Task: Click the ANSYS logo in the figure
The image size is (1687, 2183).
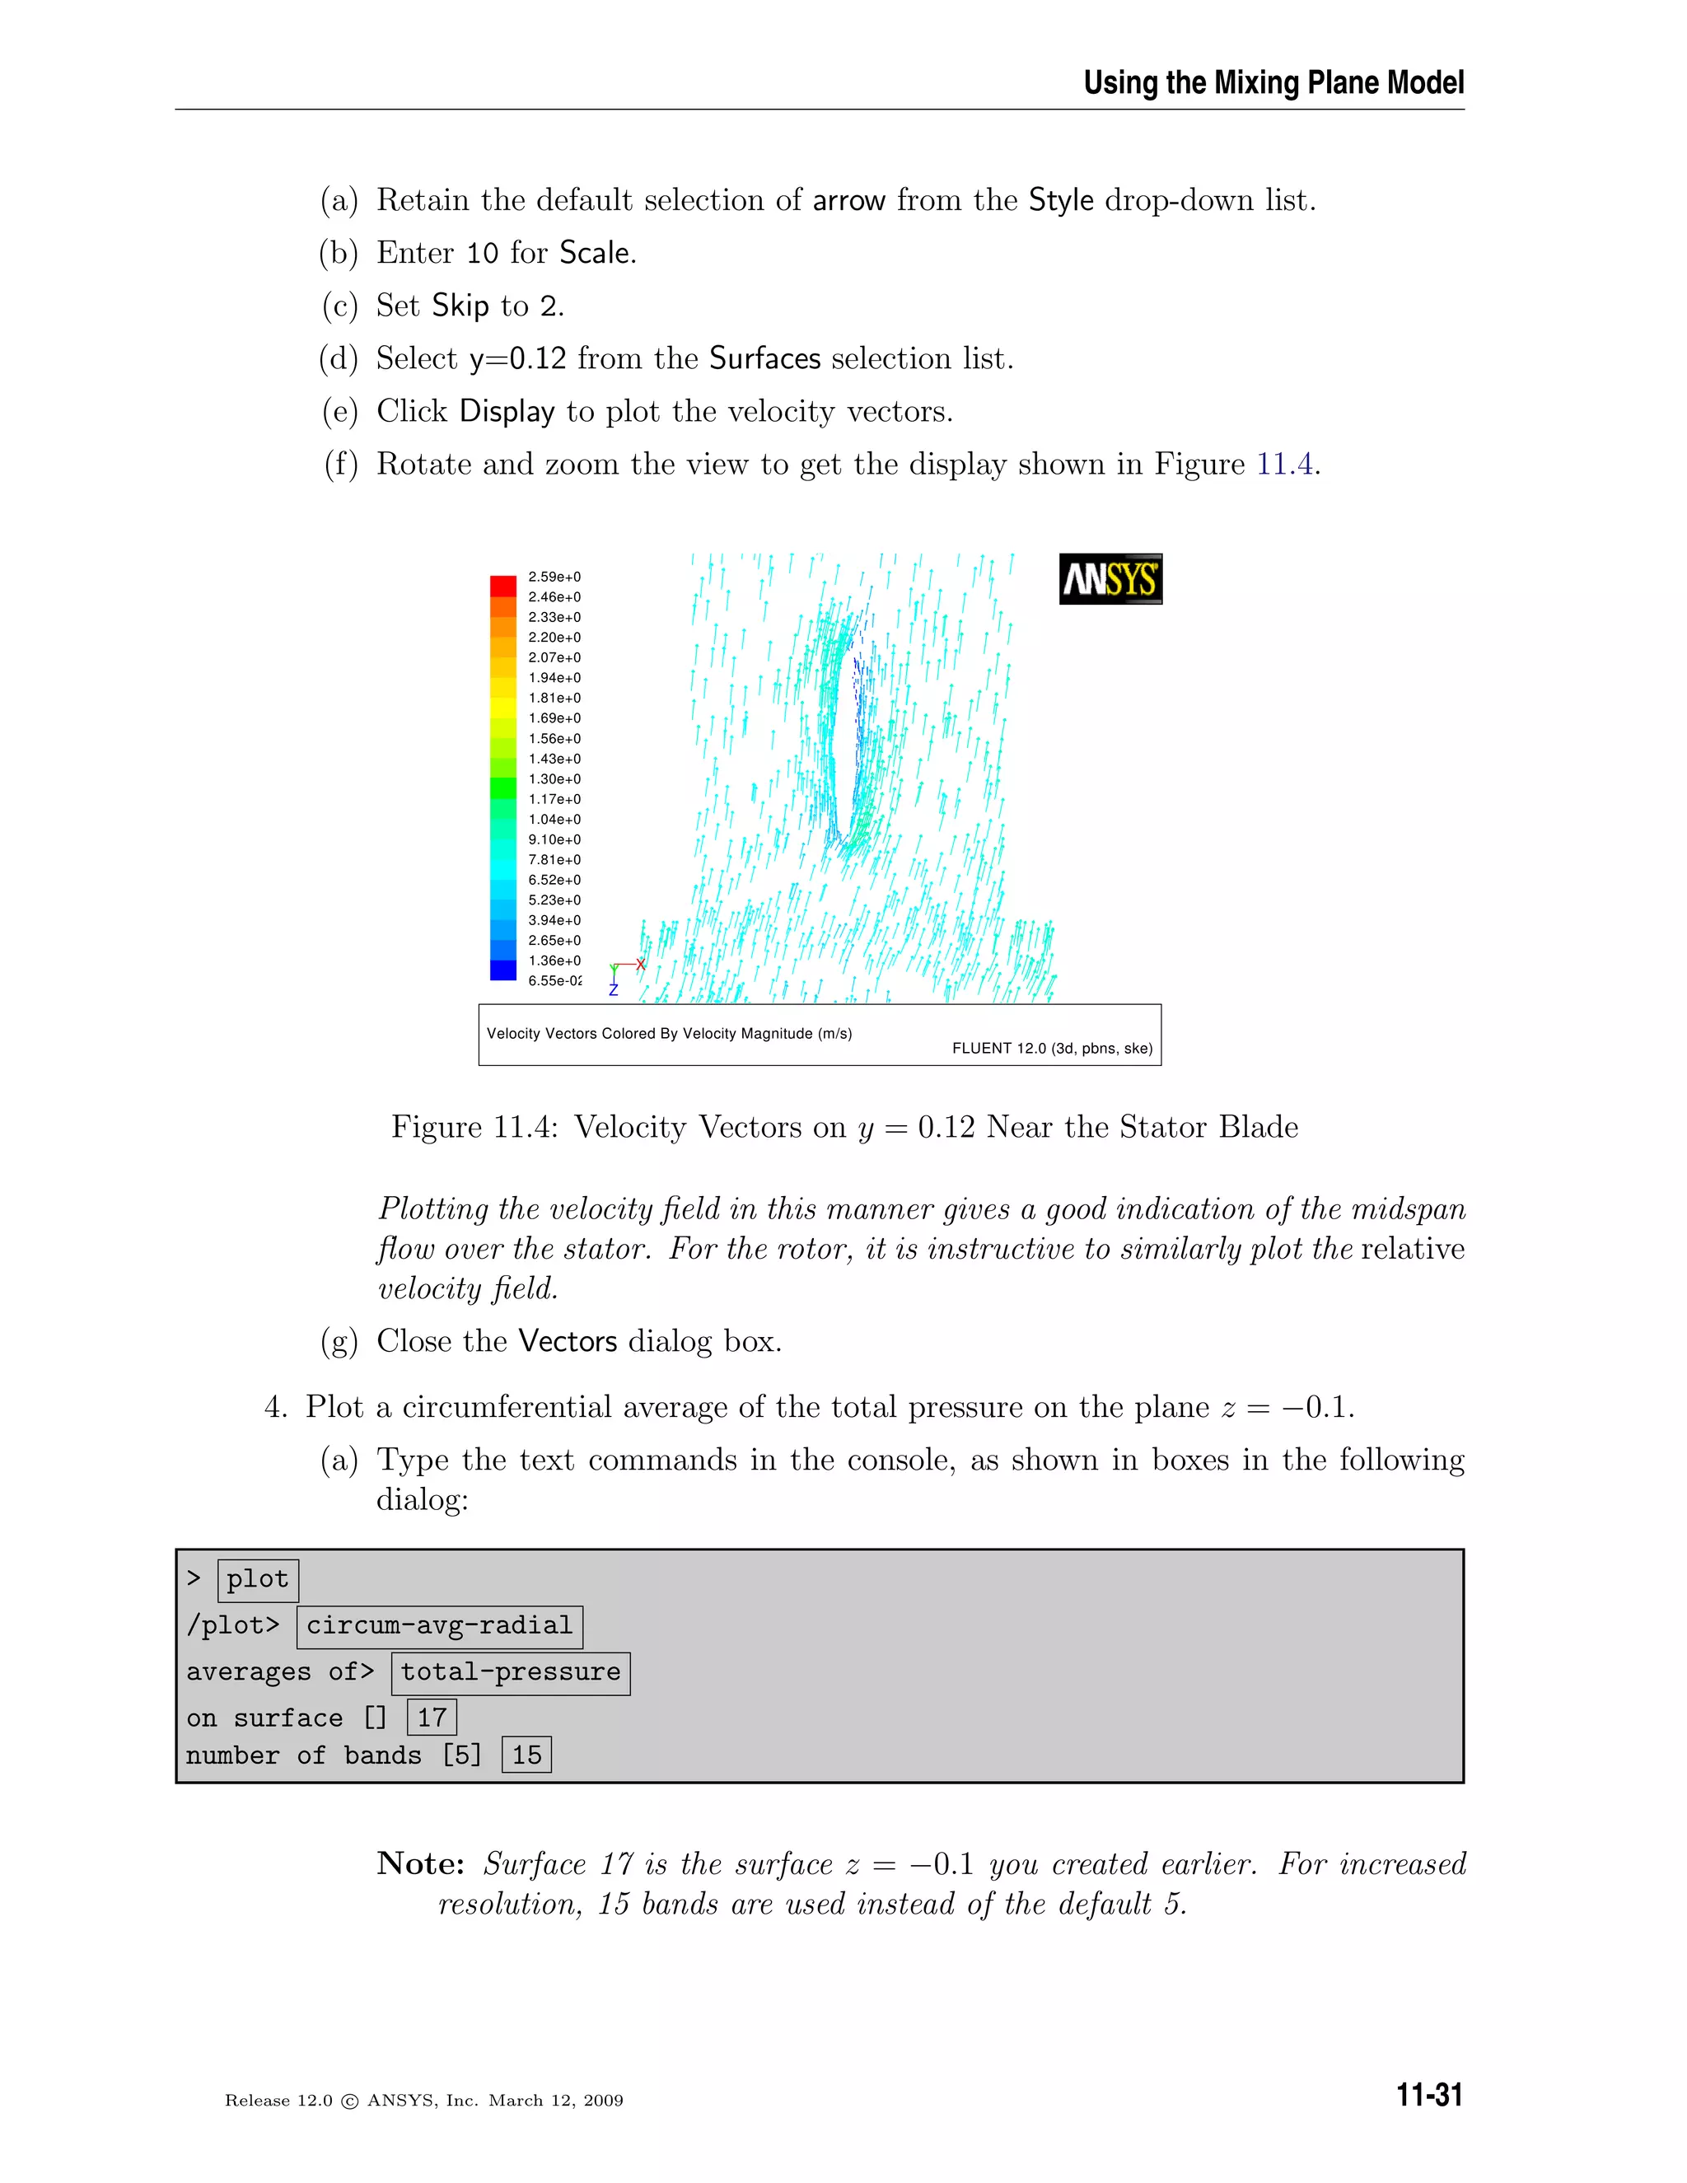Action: point(1110,579)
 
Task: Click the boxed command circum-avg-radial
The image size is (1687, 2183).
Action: point(439,1626)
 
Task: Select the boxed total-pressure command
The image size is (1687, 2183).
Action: point(510,1672)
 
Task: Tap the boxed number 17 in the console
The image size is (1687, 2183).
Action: point(432,1718)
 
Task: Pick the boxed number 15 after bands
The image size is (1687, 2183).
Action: point(526,1755)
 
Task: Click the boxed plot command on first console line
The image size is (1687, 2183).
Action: point(257,1579)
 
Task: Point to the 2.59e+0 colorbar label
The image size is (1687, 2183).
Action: point(554,577)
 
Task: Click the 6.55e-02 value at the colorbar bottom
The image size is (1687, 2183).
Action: point(554,980)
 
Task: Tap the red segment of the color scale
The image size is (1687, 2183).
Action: point(502,585)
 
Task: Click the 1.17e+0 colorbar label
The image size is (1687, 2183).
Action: point(554,798)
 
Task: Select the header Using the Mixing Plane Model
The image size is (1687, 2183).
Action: point(1273,83)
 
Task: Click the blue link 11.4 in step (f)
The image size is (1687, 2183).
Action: point(1284,464)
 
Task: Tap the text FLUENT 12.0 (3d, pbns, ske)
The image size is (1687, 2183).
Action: point(1051,1049)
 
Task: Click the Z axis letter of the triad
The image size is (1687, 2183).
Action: point(614,989)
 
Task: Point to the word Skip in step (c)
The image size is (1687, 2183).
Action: point(460,306)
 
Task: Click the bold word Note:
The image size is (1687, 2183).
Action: point(421,1864)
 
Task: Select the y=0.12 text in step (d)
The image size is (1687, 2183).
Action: point(516,359)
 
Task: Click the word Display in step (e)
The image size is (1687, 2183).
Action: point(507,412)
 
